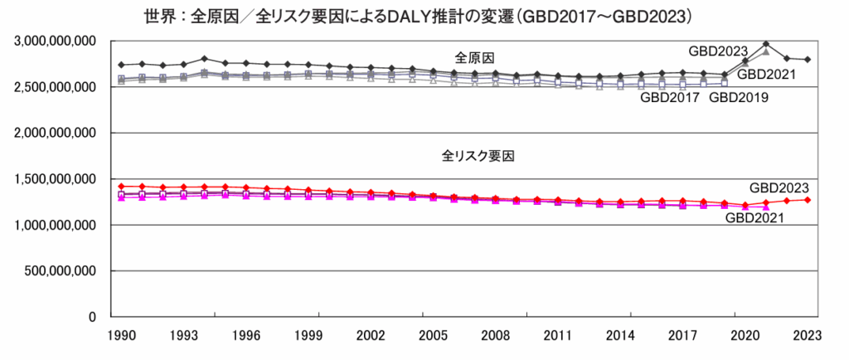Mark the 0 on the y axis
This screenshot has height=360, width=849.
click(94, 317)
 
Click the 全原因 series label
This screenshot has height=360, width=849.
click(473, 57)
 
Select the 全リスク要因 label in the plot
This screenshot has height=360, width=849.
click(473, 155)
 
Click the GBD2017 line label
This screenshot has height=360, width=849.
click(669, 98)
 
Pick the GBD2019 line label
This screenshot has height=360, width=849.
click(739, 98)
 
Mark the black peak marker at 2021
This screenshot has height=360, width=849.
click(766, 44)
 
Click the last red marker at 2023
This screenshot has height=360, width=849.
click(808, 200)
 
